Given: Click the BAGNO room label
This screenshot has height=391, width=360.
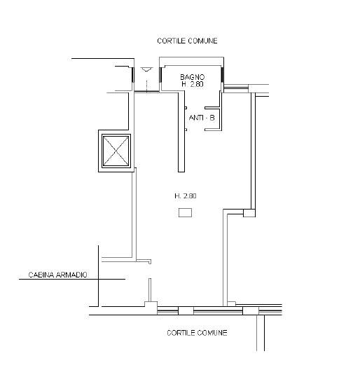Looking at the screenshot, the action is coord(192,77).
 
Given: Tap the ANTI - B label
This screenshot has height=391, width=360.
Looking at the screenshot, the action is coord(202,118).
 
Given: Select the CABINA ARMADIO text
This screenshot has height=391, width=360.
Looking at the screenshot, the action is coord(58,275).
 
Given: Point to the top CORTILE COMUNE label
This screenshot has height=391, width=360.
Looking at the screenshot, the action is coord(187,41).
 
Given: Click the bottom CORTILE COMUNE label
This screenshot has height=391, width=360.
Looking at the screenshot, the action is coord(197,333).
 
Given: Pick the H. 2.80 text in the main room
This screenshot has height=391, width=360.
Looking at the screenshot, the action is coord(186,196).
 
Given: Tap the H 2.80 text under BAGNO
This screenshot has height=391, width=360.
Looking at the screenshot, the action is coord(193,84).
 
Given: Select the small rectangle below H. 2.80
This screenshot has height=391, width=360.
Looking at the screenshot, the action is coord(185,213).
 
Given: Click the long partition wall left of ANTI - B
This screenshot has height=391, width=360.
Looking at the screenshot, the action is coord(181,132).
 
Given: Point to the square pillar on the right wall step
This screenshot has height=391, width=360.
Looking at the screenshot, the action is coord(249,213).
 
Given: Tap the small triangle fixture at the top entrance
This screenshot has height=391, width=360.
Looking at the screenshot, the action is coord(146,69).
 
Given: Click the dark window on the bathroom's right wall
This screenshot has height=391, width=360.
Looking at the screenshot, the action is coord(221,75).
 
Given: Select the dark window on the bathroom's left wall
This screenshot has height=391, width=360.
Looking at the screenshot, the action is coord(160,75).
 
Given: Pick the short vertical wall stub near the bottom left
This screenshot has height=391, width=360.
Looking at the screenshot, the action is coord(150,290).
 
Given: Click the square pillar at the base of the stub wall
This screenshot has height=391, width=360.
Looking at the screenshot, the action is coord(151,304).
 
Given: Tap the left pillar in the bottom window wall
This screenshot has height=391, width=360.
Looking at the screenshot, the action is coord(186,311).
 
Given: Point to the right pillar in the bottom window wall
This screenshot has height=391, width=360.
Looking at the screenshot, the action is coord(251,311).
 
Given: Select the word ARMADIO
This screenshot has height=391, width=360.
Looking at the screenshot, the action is coord(71,275).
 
